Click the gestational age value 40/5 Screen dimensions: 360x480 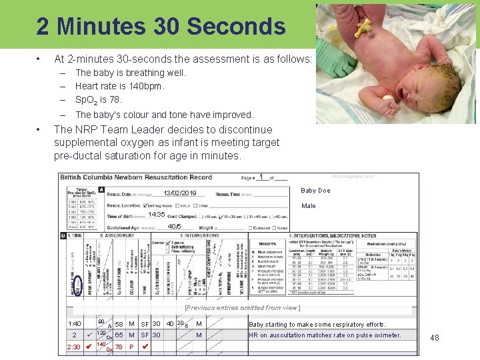pyautogui.click(x=175, y=227)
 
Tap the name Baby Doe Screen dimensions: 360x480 pyautogui.click(x=316, y=191)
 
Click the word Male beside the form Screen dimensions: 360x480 pyautogui.click(x=309, y=206)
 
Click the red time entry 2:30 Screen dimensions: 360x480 pyautogui.click(x=73, y=347)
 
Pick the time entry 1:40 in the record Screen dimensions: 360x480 pyautogui.click(x=75, y=324)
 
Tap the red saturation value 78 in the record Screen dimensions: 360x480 pyautogui.click(x=119, y=347)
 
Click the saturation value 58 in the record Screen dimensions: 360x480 pyautogui.click(x=119, y=324)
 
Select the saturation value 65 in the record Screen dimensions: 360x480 pyautogui.click(x=119, y=335)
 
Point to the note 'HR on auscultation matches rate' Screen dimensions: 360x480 pyautogui.click(x=325, y=335)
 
